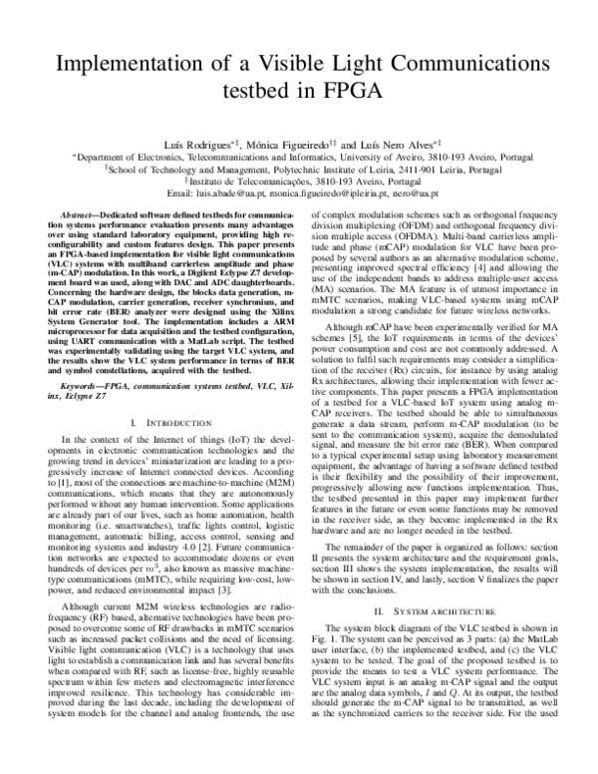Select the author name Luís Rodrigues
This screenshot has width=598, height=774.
coord(193,145)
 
